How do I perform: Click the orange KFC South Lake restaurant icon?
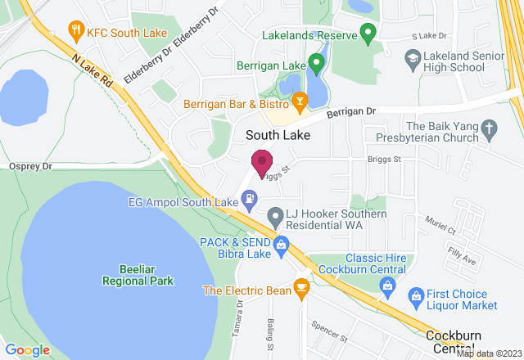point(76,33)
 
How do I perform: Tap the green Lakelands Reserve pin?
point(368,34)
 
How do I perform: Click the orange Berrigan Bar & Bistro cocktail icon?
point(300,102)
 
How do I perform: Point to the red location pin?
point(262,164)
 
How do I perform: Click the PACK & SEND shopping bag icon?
point(281,243)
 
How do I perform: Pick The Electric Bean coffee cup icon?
point(301,287)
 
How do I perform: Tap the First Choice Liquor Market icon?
point(416,295)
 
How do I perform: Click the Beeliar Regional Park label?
point(138,275)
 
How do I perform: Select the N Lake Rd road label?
point(93,70)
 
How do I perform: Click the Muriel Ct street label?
point(440,226)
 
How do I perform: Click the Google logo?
point(28,349)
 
